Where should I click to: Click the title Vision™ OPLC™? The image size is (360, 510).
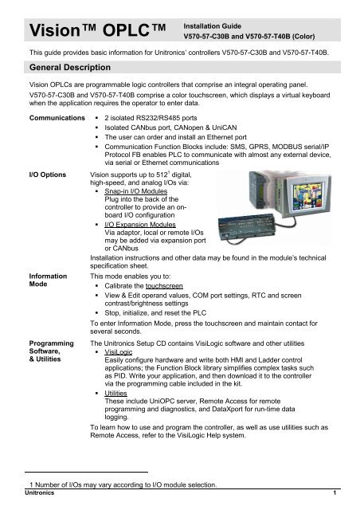[86, 31]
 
